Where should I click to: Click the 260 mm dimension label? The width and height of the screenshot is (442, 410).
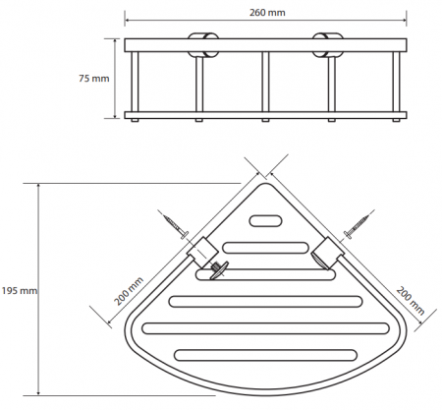point(267,13)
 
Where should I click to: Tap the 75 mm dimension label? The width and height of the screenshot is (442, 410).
point(93,79)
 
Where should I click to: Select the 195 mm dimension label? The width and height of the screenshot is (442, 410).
point(19,291)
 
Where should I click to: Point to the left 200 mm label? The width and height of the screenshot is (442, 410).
point(129,291)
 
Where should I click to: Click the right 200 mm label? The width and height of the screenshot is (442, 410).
point(411,301)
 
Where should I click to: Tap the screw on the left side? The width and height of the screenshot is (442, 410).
point(176,226)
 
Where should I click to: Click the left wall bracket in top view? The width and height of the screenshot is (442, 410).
point(202,252)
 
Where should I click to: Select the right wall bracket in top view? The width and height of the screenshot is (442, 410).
point(328,253)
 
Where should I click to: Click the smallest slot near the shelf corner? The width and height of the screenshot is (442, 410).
point(265,221)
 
